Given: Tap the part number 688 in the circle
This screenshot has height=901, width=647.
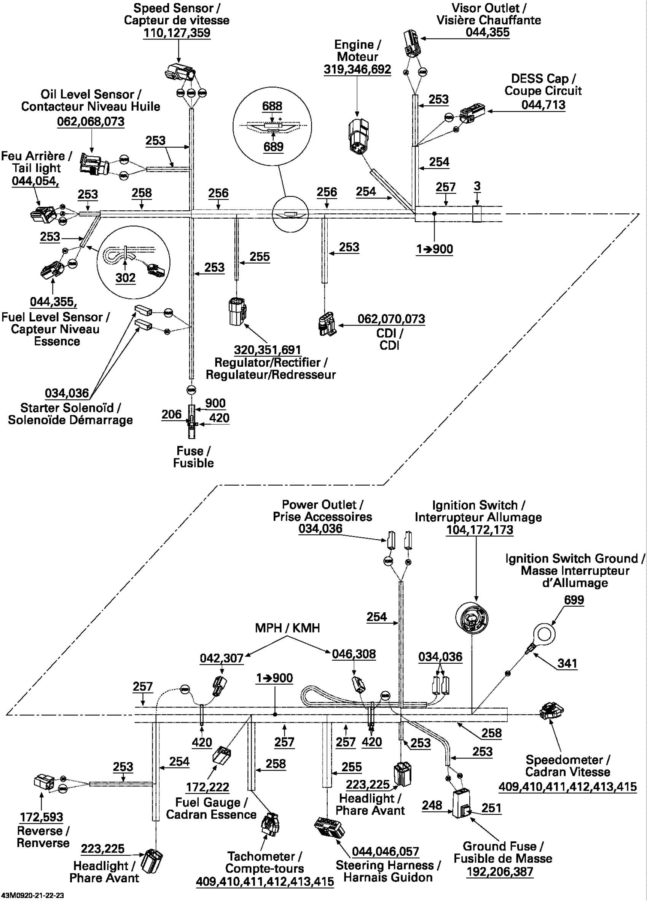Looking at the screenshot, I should [272, 106].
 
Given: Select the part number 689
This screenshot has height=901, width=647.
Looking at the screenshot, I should [273, 146].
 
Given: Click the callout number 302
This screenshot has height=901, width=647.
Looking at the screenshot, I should [126, 277].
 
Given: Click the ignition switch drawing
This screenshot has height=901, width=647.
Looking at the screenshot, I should [471, 618].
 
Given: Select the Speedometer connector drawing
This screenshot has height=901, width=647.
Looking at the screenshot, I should [551, 710].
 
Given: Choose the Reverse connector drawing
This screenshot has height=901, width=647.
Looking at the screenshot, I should [44, 782].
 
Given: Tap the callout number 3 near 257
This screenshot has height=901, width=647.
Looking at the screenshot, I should [477, 186].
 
